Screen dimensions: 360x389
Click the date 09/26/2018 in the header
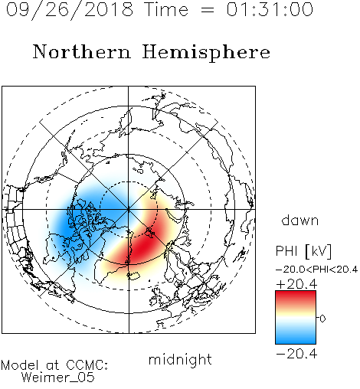[70, 10]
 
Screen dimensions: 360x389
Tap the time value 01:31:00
[270, 9]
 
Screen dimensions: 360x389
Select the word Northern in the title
[82, 51]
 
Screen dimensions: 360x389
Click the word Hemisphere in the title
[206, 53]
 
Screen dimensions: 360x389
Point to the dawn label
[300, 221]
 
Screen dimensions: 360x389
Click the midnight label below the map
[180, 360]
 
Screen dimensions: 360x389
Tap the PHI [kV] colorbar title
[303, 251]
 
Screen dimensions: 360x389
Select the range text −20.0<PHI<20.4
[316, 270]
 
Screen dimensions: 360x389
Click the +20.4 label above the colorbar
[296, 284]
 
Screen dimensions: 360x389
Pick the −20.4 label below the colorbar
[296, 354]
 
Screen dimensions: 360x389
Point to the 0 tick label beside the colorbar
[322, 319]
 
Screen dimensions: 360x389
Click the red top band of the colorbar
[296, 297]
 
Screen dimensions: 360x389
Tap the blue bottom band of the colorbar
[296, 338]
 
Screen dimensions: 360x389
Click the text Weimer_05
[58, 378]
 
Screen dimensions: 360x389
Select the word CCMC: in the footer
[87, 365]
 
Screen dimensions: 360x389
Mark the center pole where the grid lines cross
[129, 209]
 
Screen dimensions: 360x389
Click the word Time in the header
[166, 9]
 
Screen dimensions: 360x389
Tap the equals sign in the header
[208, 10]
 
